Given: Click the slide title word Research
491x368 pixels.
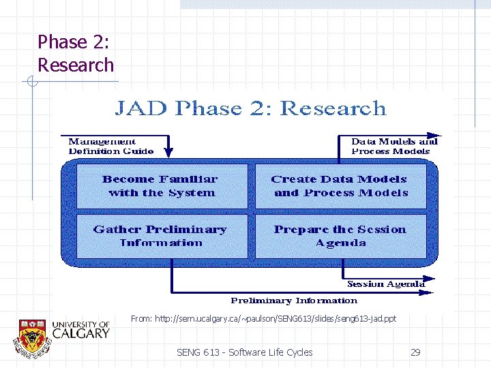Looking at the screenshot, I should pos(76,65).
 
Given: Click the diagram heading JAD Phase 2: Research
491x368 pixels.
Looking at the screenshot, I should pos(250,108).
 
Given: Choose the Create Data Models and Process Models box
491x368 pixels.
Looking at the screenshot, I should pos(340,186).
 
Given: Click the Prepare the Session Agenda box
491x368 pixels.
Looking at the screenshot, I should pos(340,236).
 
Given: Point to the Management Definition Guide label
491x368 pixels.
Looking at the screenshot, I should pos(110,146).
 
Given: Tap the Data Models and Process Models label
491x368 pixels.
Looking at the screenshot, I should pos(393,146).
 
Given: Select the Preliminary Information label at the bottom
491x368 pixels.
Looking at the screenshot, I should pos(294,301).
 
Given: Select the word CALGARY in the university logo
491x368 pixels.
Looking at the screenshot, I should pos(80,333).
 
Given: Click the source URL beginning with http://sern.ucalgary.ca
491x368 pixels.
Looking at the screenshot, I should pos(263,318).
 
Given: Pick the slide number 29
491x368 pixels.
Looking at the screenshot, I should pos(415,352).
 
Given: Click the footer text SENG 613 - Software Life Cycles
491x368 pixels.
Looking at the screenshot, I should pos(244,352).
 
